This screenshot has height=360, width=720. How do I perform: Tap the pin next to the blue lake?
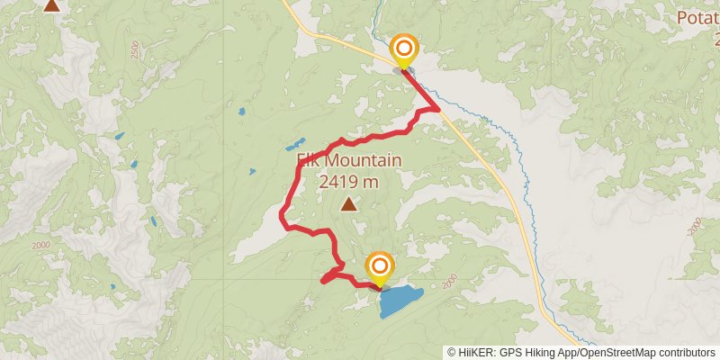381,266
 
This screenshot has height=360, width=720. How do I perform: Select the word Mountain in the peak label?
363,162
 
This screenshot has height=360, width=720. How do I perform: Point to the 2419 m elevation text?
348,182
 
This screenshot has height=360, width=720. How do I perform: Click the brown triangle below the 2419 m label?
348,204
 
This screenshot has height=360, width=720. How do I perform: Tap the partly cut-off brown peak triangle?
52,4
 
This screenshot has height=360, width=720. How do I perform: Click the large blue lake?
401,301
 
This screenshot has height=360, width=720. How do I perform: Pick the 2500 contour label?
134,51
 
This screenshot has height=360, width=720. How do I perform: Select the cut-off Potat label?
698,18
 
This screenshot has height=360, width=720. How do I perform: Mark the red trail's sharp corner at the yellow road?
437,108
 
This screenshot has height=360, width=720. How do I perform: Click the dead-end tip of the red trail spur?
323,281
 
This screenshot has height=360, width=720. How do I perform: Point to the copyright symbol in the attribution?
452,353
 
